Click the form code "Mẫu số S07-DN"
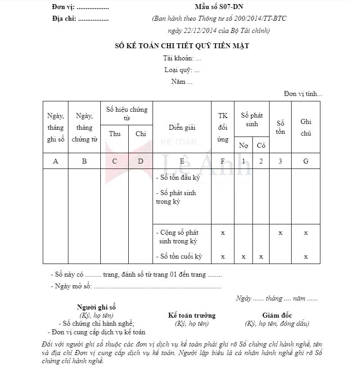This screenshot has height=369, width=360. (x=219, y=8)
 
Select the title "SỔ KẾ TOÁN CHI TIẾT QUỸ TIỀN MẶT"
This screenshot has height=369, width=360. (x=182, y=46)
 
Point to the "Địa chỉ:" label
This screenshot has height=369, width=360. (x=64, y=19)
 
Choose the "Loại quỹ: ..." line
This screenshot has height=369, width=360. (x=182, y=70)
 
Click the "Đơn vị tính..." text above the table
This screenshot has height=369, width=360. (x=303, y=94)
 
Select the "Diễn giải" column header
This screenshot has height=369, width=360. (x=182, y=128)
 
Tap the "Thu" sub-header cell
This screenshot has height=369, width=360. (x=115, y=133)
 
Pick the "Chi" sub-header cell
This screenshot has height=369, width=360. (x=141, y=133)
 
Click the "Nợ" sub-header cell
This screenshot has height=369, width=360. (x=243, y=145)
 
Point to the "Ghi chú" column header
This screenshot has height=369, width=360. (x=306, y=128)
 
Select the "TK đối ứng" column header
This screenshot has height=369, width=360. (x=223, y=128)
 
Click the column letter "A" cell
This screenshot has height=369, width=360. (x=56, y=161)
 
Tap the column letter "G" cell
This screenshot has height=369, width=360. (x=306, y=161)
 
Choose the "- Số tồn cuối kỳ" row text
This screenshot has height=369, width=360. (x=179, y=256)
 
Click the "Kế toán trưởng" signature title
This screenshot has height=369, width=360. (x=192, y=315)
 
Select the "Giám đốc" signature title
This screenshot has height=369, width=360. (x=277, y=315)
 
